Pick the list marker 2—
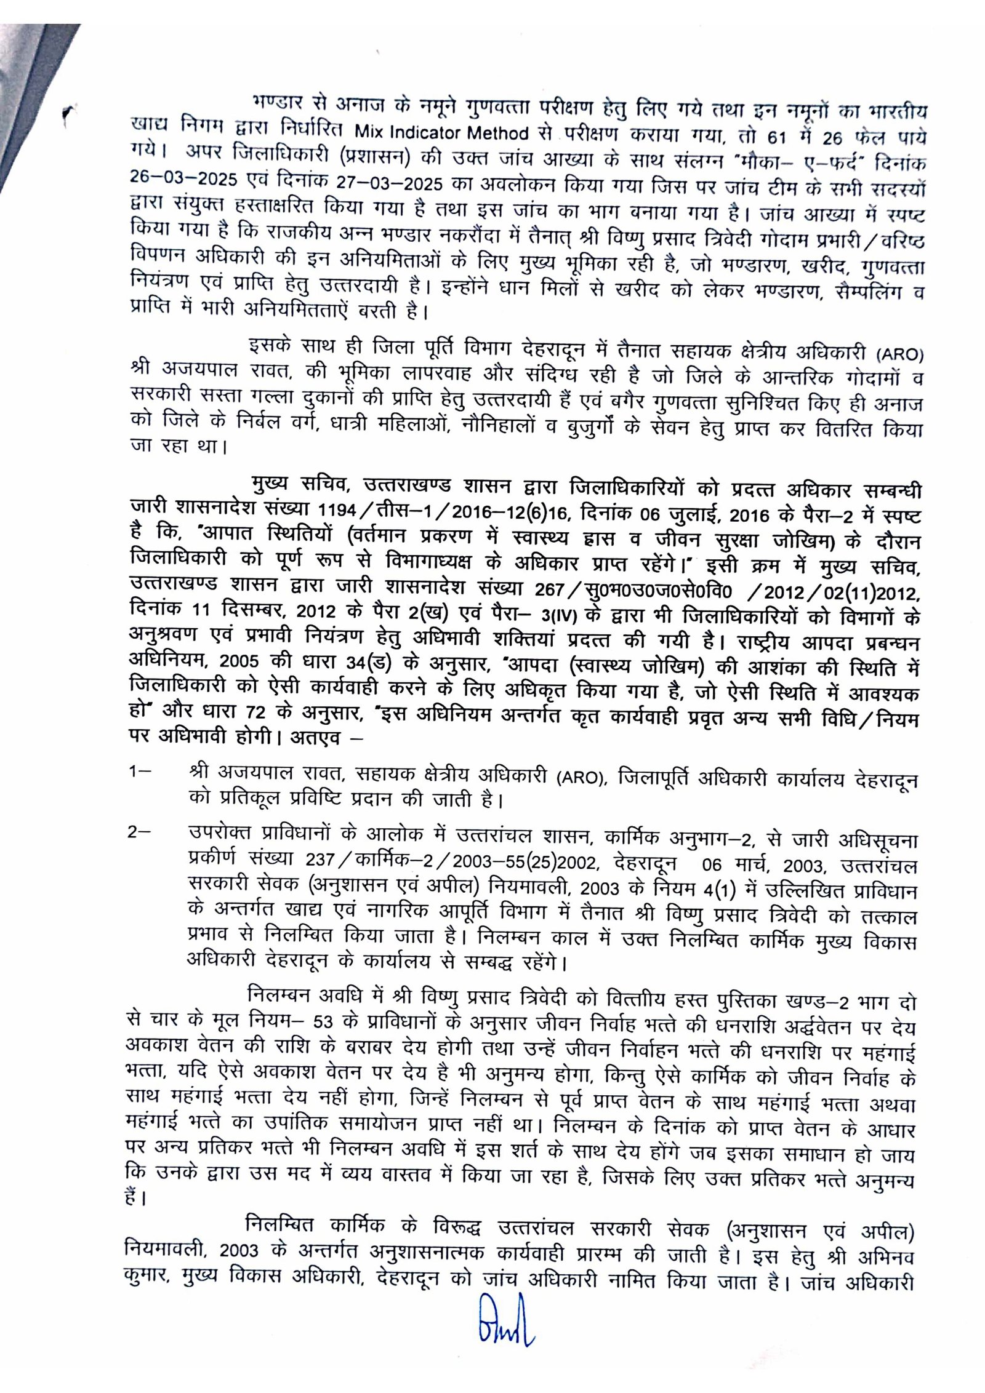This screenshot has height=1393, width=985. (x=141, y=832)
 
